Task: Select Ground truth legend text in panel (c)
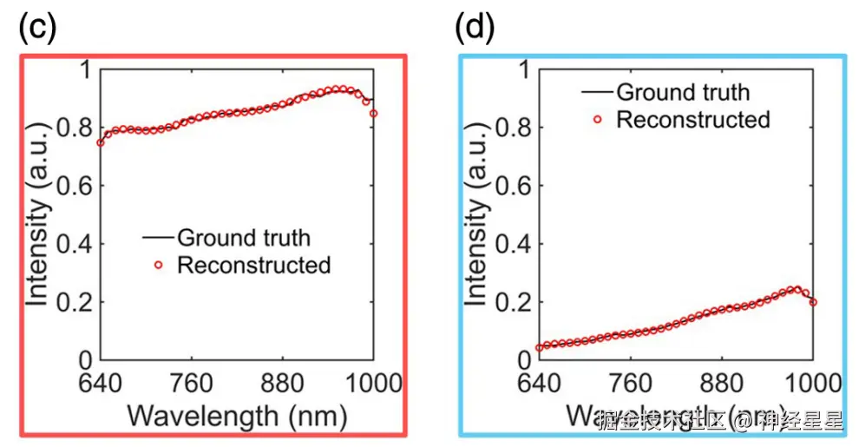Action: (243, 238)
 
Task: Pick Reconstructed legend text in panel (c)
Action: (253, 266)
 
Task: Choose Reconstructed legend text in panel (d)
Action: (692, 120)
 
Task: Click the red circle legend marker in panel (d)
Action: (597, 120)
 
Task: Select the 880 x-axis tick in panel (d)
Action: (722, 382)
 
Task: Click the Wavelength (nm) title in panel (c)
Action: (237, 415)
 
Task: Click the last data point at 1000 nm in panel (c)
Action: (374, 114)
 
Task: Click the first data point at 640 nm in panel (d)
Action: (539, 348)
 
